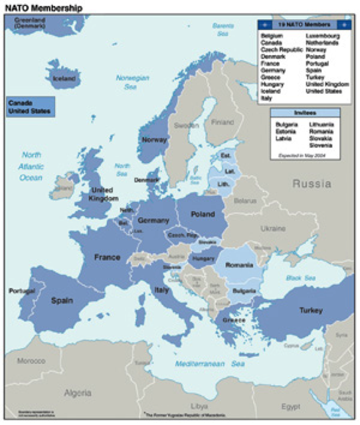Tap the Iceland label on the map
pyautogui.click(x=64, y=79)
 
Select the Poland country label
pyautogui.click(x=203, y=214)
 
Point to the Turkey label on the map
pyautogui.click(x=310, y=310)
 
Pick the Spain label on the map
pyautogui.click(x=62, y=300)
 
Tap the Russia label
pyautogui.click(x=312, y=184)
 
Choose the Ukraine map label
pyautogui.click(x=274, y=228)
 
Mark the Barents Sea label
pyautogui.click(x=223, y=29)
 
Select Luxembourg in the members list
pyautogui.click(x=323, y=36)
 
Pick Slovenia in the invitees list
pyautogui.click(x=321, y=144)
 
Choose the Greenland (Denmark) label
pyautogui.click(x=27, y=23)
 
